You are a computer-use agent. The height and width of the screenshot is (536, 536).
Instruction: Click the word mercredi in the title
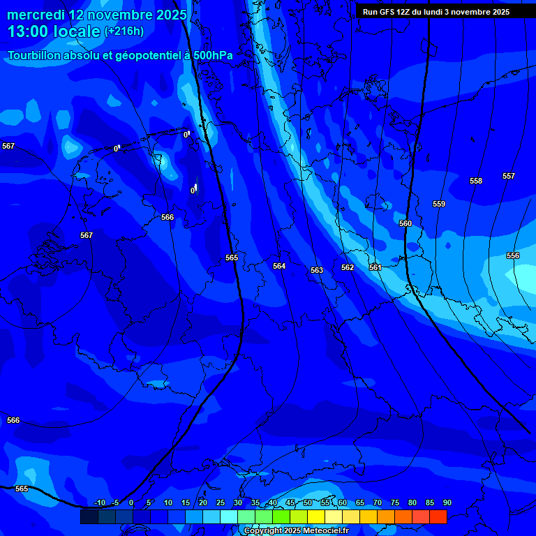tap(36, 15)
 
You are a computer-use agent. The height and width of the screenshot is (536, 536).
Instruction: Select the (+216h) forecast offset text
tap(124, 31)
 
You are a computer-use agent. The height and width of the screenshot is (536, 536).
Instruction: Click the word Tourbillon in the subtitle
tap(36, 55)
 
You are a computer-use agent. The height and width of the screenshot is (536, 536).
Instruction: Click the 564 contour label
tap(279, 266)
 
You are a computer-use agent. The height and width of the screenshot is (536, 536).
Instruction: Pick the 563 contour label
tap(317, 270)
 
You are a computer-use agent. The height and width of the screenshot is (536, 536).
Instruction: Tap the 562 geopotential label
tap(348, 267)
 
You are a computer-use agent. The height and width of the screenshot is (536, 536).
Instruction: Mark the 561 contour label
tap(375, 267)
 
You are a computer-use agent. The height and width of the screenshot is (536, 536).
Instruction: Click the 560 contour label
tap(405, 223)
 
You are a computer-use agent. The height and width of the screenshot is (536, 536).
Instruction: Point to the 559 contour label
tap(439, 204)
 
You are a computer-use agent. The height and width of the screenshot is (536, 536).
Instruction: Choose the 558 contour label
tap(476, 181)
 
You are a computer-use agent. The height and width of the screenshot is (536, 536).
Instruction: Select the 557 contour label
tap(509, 176)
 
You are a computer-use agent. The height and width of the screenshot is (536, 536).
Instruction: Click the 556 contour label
tap(513, 255)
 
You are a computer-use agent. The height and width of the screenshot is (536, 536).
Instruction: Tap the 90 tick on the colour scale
tap(447, 502)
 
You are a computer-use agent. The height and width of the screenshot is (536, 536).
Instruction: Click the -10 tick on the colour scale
tap(100, 502)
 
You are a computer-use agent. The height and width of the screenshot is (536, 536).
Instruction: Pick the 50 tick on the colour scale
tap(308, 502)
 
